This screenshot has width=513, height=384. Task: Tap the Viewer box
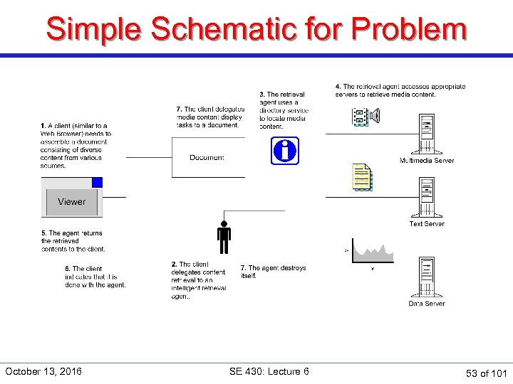pos(71,202)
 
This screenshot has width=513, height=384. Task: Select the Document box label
pos(207,157)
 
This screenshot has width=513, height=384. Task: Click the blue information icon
pos(284,151)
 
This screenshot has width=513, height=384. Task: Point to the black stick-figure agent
pos(224,238)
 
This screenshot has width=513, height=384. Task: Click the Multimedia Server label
pos(426,161)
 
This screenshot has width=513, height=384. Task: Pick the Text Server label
pos(426,224)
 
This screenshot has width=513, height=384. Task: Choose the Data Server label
pos(426,304)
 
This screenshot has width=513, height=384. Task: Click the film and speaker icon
pos(366,116)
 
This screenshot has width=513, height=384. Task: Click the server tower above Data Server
pos(427,277)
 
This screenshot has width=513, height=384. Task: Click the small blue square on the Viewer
pos(97,182)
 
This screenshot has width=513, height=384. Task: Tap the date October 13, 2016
pos(43,371)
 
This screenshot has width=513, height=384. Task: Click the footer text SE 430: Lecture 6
pos(269,371)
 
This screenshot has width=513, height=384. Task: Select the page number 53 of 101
pos(486,373)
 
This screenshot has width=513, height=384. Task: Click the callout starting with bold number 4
pos(400,90)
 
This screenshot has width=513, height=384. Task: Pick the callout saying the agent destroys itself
pos(273,272)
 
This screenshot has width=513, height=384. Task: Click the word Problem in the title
pos(409,29)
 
